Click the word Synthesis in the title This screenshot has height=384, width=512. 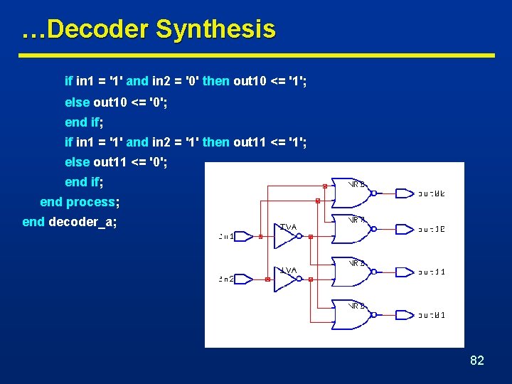click(x=215, y=30)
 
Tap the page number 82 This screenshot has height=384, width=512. click(x=476, y=361)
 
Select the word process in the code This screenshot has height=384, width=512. click(x=90, y=202)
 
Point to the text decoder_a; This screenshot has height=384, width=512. click(x=82, y=222)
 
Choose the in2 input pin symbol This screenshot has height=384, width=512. click(x=246, y=279)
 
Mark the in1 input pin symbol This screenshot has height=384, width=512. click(x=246, y=237)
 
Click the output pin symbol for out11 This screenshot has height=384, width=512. click(x=404, y=272)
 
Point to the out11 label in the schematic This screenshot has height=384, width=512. click(x=432, y=272)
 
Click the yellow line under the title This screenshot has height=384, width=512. click(x=256, y=55)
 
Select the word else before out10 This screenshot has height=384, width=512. click(x=78, y=101)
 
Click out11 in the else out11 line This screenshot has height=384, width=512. click(x=109, y=161)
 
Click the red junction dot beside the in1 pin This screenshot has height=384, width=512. click(x=261, y=237)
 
